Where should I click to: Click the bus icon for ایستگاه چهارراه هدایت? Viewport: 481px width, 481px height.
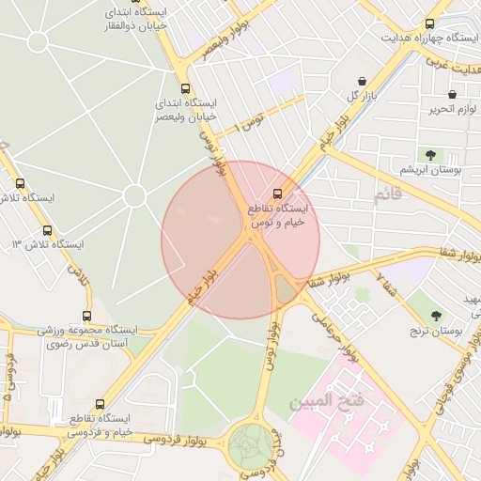[x=430, y=23]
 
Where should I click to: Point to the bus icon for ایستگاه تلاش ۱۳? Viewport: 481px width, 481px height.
[x=48, y=230]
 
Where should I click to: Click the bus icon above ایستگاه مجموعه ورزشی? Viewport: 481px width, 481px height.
[x=87, y=317]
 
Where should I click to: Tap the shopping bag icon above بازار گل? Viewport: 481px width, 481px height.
[x=363, y=82]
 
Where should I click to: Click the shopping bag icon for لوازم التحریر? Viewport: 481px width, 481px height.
[x=453, y=95]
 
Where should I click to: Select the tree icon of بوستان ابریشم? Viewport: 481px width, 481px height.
[x=430, y=154]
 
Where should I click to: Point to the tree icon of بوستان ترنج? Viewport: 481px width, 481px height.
[x=436, y=317]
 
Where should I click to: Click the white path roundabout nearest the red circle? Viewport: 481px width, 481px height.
[x=134, y=195]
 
